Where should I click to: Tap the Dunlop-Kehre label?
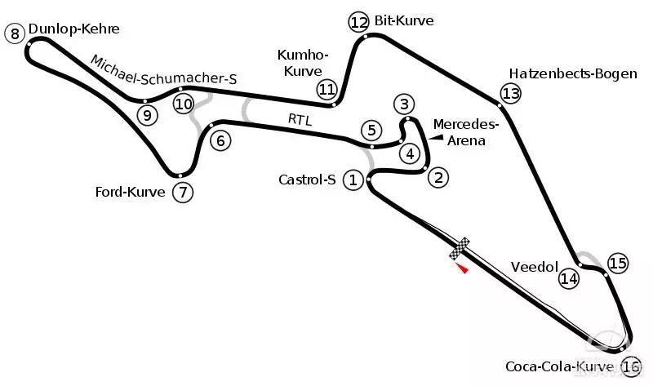[73, 29]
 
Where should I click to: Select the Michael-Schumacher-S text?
[163, 71]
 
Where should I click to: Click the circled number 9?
[147, 115]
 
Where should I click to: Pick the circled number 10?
[184, 104]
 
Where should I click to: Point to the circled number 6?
[219, 140]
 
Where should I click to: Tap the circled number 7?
[183, 193]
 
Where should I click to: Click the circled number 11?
[327, 89]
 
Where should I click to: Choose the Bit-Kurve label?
[404, 20]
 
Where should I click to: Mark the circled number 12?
[358, 21]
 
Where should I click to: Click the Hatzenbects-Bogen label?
[572, 73]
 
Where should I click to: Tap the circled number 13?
[510, 94]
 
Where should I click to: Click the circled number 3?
[403, 104]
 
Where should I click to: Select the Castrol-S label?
[307, 180]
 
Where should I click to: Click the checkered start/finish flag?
[460, 249]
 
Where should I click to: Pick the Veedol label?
[534, 267]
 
